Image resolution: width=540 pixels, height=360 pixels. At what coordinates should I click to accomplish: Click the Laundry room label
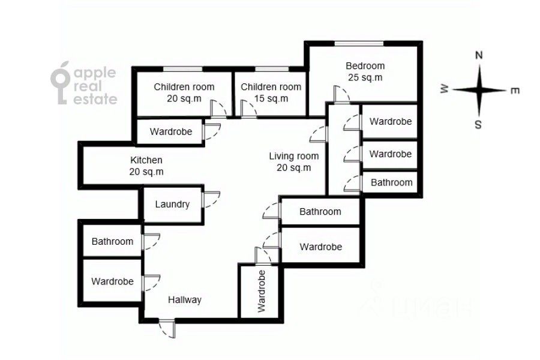(172, 204)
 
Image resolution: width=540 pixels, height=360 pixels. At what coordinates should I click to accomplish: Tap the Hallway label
(184, 300)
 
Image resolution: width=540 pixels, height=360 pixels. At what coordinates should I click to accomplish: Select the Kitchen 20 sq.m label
(146, 166)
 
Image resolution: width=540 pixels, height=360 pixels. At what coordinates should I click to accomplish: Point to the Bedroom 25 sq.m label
(365, 71)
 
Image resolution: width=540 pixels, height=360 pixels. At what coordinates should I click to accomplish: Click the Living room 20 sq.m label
(293, 162)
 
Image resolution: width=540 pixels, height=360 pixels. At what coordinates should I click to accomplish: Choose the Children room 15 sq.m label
(271, 92)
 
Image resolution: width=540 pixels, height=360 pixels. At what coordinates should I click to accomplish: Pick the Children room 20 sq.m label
(184, 92)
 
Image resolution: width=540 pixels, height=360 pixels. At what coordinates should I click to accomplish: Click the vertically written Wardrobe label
(261, 291)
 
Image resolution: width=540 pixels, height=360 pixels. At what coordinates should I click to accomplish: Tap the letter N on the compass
(479, 55)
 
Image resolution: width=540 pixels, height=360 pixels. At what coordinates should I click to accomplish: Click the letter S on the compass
(478, 125)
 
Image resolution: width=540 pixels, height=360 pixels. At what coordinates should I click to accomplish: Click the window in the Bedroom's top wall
(359, 43)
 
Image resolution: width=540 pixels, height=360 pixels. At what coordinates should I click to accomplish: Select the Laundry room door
(211, 200)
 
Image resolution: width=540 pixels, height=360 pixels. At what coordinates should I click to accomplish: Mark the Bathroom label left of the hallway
(112, 241)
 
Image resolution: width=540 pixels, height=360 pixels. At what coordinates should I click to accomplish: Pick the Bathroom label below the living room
(320, 211)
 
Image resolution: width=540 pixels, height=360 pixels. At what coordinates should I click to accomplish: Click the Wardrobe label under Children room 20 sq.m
(171, 131)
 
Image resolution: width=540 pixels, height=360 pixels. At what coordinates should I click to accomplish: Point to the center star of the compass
(479, 90)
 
